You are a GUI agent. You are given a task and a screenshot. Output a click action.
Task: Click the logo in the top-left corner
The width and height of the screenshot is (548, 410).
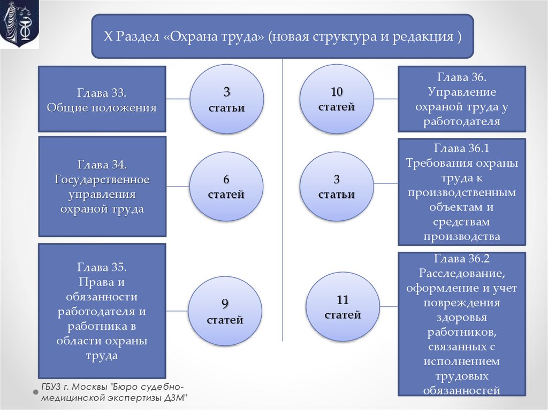tap(19, 25)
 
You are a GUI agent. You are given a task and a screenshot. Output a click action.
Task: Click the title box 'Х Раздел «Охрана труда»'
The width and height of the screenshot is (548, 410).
tap(283, 36)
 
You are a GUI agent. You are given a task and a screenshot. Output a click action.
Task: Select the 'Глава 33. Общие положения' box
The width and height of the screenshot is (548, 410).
tap(102, 99)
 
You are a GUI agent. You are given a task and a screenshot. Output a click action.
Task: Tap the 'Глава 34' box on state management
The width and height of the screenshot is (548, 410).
tap(102, 186)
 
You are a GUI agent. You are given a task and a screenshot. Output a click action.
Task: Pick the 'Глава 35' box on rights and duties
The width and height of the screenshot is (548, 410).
tap(102, 311)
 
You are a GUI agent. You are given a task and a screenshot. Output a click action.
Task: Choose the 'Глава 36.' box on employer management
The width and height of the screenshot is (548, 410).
tap(461, 99)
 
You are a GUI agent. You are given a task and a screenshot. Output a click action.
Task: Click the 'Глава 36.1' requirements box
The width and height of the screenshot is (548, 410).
tap(461, 192)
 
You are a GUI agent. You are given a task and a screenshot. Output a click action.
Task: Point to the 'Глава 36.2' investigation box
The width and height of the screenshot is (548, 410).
tap(461, 324)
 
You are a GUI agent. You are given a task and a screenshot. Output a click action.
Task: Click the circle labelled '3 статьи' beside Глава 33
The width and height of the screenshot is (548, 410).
tap(226, 99)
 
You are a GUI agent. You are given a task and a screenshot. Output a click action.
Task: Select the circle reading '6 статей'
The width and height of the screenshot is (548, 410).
tap(226, 186)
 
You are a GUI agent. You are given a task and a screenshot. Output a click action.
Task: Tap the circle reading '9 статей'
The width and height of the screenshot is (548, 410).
tap(225, 311)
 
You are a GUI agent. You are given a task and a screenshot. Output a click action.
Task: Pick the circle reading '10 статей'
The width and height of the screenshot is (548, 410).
tap(336, 98)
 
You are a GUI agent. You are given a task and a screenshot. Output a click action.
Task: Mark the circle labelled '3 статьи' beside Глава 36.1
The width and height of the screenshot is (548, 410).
tap(336, 186)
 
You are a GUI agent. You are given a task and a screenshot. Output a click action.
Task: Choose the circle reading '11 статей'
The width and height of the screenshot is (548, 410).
tap(342, 306)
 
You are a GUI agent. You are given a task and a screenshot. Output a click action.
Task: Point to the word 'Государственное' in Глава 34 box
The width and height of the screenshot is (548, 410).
tap(102, 179)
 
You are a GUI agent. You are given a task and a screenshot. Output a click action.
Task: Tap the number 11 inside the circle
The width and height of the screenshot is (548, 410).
tap(342, 299)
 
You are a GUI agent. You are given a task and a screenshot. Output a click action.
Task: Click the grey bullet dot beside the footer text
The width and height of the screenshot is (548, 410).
tap(36, 392)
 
